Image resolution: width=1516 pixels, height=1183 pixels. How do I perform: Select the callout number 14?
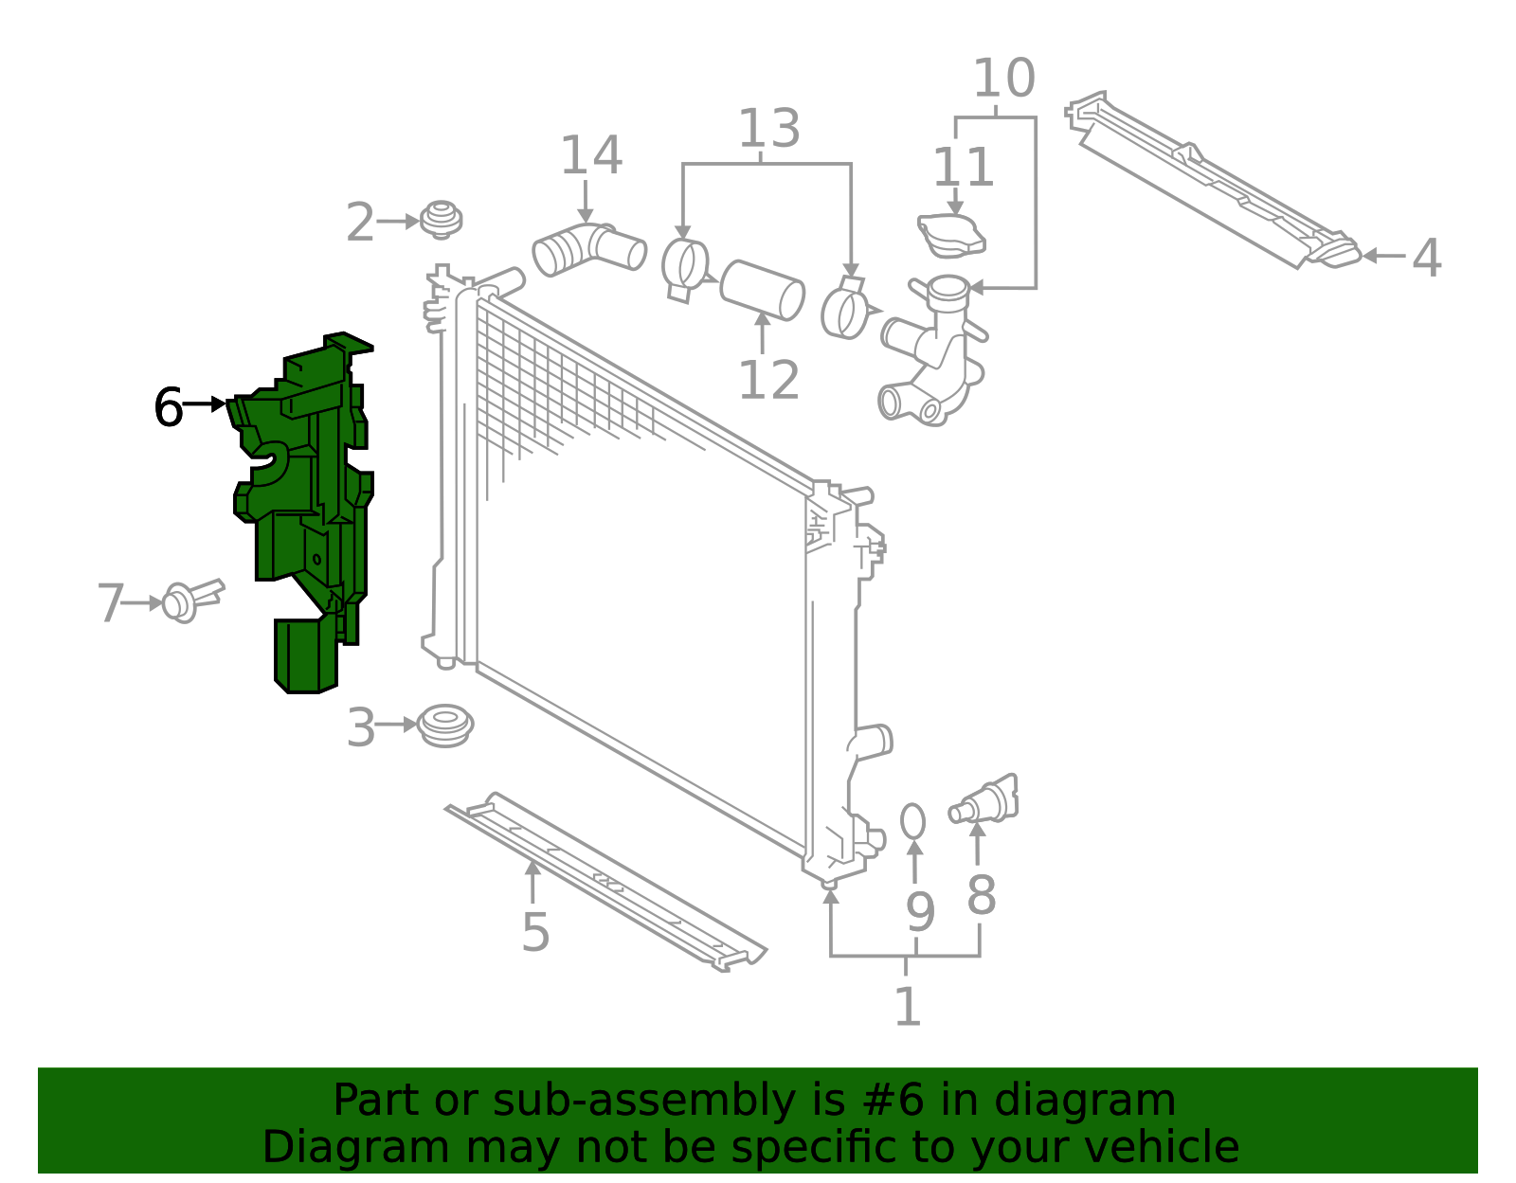pos(591,156)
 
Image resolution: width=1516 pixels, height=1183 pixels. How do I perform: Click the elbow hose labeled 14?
pos(588,249)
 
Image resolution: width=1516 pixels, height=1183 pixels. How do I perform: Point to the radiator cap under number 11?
pos(951,235)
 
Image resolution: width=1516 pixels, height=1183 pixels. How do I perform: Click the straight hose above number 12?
pos(762,289)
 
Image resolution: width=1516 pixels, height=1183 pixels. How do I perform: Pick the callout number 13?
pos(768,129)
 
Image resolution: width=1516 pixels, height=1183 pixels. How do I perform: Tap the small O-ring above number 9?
pos(912,821)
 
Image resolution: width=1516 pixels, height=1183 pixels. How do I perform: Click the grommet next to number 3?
pos(445,726)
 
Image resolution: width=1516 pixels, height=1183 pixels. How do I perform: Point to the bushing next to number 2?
pos(441,220)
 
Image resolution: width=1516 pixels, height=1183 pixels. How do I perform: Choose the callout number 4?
pos(1426,258)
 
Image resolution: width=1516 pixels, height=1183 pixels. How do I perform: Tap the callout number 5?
pos(535,933)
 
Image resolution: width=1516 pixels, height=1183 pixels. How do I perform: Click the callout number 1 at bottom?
pos(907,1006)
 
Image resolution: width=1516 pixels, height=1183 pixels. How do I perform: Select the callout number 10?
pos(1003,79)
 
